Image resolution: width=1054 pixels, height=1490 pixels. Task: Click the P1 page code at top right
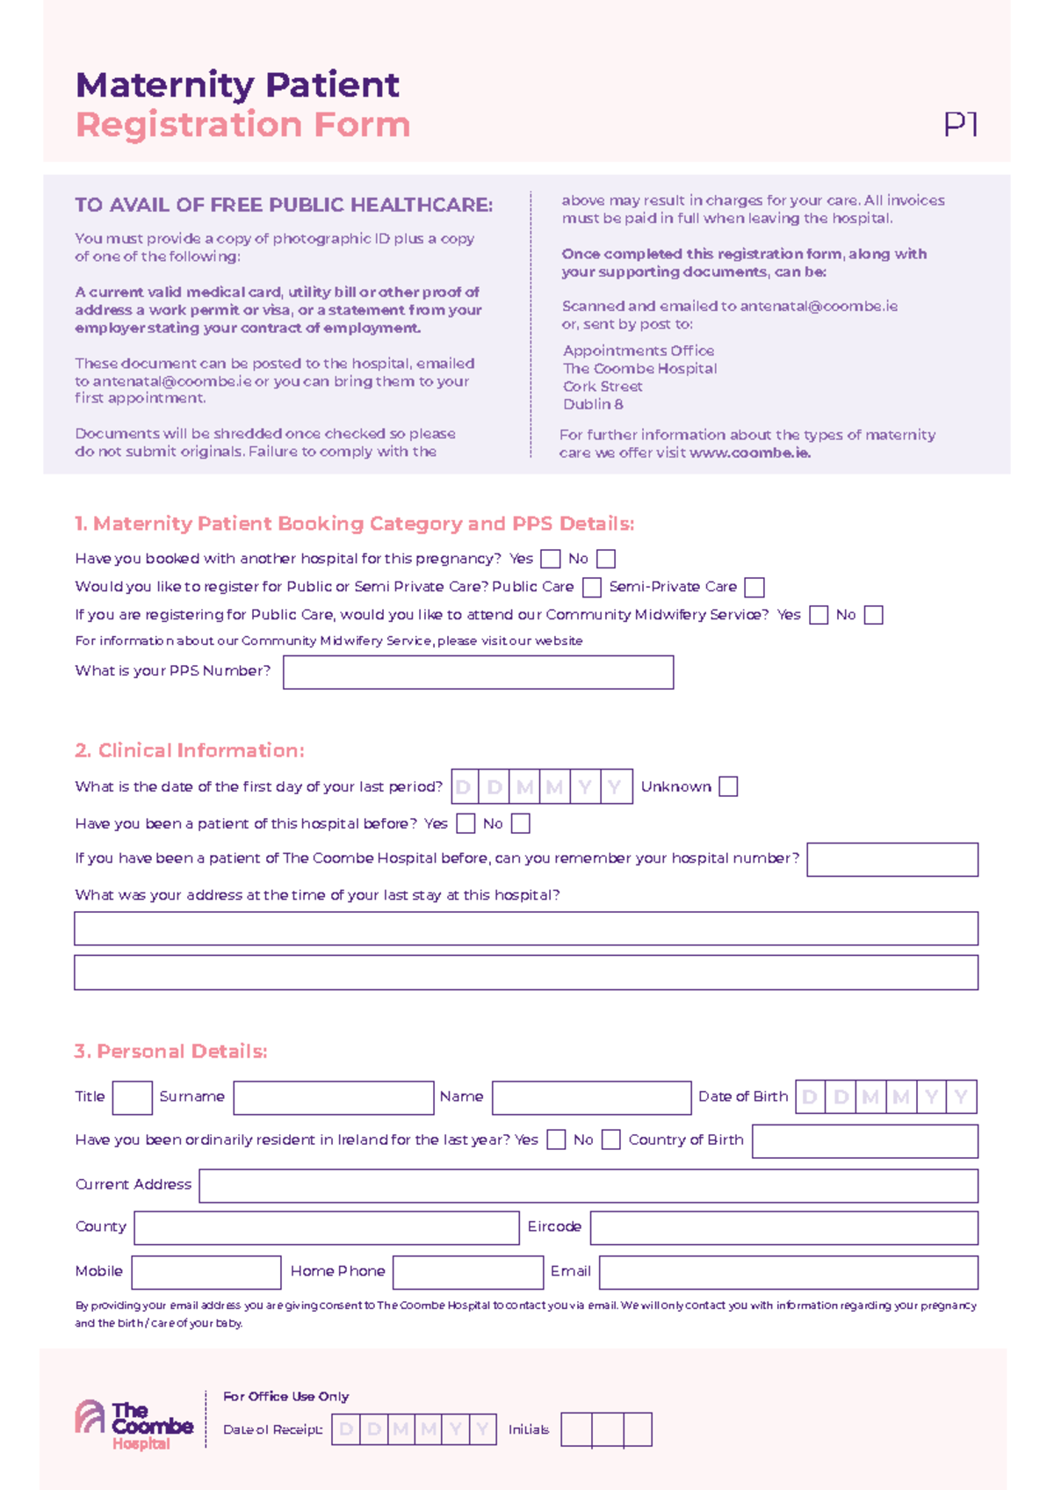(961, 125)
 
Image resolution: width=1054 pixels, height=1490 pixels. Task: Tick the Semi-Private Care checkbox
(754, 587)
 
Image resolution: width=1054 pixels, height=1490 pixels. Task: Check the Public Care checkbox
(592, 587)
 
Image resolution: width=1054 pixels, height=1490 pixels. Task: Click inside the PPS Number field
(478, 672)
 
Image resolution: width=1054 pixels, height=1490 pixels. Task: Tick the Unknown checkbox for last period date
(728, 786)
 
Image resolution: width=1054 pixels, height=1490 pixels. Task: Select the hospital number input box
(892, 859)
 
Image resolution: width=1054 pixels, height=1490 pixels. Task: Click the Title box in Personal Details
(133, 1097)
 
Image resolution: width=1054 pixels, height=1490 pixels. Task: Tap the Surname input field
(334, 1097)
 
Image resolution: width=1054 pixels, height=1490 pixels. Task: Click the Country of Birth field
(864, 1141)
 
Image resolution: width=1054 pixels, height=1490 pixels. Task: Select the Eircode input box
(783, 1227)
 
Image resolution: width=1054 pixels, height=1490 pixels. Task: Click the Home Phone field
(468, 1272)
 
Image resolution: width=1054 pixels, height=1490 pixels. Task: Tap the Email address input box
(788, 1272)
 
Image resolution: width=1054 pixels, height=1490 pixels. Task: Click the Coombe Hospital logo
(134, 1424)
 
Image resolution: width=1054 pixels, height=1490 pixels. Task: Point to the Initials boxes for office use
(606, 1429)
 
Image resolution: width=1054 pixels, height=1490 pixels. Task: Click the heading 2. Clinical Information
(190, 750)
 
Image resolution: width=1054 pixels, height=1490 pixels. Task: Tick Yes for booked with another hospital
(551, 559)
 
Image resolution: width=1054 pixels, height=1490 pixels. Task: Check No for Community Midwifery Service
(873, 615)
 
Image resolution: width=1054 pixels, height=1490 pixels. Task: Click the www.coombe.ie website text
(749, 453)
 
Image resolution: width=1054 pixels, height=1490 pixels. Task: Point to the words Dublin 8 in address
(593, 404)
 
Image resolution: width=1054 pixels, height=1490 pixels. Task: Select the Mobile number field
(206, 1272)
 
